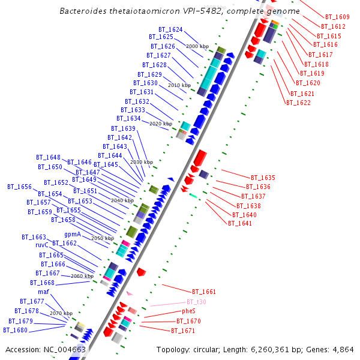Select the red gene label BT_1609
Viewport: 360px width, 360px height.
coord(337,17)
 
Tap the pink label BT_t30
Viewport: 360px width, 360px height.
coord(196,302)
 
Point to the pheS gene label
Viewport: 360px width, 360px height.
coord(189,311)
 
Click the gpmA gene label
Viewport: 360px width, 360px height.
coord(73,234)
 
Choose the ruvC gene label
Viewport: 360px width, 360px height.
coord(41,245)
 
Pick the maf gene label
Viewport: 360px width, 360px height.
coord(43,292)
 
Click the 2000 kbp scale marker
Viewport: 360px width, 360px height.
coord(197,46)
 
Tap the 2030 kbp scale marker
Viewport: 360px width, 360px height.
coord(142,162)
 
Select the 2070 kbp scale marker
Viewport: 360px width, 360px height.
coord(61,313)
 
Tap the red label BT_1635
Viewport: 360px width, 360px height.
coord(263,178)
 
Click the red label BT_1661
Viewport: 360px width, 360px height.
coord(204,292)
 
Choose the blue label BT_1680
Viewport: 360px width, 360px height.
coord(15,330)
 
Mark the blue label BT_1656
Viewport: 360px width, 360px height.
coord(19,187)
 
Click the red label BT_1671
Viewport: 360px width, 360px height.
coord(183,331)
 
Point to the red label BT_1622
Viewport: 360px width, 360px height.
coord(298,103)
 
